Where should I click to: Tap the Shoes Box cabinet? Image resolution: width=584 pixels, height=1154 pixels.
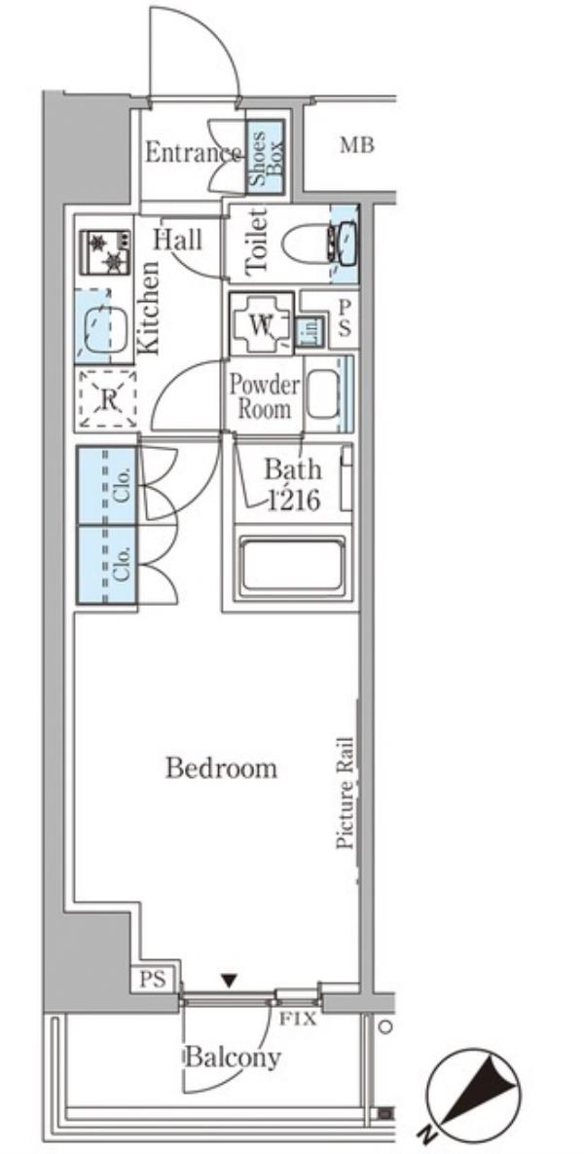coord(265,157)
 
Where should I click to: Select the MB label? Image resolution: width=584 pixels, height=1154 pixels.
coord(356,146)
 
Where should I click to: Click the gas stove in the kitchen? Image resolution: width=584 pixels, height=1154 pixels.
coord(105,252)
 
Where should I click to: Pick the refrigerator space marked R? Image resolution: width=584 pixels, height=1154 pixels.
coord(107,399)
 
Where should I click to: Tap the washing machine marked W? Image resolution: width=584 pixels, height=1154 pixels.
coord(261,324)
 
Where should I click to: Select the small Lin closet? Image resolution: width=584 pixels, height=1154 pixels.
coord(310,332)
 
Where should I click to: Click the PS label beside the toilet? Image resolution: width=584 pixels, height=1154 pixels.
coord(345,317)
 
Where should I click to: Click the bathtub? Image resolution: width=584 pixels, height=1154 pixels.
coord(293,565)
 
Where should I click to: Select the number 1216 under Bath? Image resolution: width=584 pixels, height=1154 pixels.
coord(294,502)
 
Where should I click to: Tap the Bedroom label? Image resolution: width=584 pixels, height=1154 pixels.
coord(221,768)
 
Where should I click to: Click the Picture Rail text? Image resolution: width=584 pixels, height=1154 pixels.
coord(346,793)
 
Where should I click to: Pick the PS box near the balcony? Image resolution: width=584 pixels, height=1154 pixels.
coord(155,980)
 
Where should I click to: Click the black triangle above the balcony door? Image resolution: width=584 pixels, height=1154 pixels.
coord(231,981)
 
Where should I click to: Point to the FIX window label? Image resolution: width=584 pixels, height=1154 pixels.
coord(299,1020)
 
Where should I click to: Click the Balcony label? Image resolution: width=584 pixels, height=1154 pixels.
coord(233,1058)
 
